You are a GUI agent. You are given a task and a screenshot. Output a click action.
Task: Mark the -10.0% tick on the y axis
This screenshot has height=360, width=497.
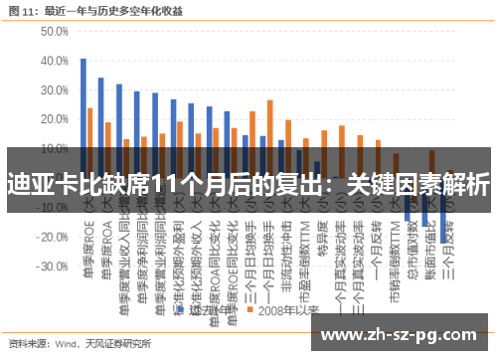[51, 210]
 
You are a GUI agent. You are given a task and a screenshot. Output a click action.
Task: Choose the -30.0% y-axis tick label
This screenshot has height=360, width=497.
[51, 269]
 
